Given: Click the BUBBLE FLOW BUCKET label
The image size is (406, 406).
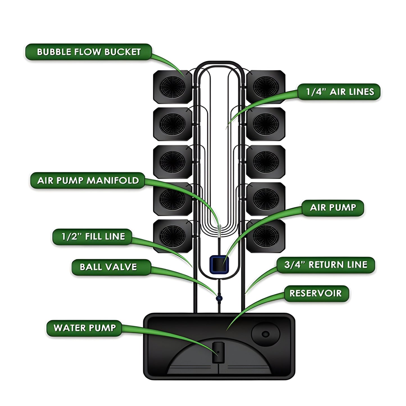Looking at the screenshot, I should pyautogui.click(x=89, y=52).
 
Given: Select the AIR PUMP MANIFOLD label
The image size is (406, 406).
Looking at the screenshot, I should pyautogui.click(x=88, y=180).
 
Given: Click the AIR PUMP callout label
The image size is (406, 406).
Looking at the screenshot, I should pyautogui.click(x=333, y=208).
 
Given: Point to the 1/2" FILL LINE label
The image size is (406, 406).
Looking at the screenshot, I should pyautogui.click(x=93, y=236).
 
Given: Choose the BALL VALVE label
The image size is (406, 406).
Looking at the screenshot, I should pyautogui.click(x=108, y=267).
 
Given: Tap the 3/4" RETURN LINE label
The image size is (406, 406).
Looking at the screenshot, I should pyautogui.click(x=326, y=265).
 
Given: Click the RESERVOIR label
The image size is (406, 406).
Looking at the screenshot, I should pyautogui.click(x=316, y=293).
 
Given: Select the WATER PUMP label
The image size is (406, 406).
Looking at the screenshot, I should pyautogui.click(x=85, y=328).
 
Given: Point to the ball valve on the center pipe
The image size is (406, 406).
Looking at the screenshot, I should pyautogui.click(x=219, y=297).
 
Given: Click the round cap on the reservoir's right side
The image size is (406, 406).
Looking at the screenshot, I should pyautogui.click(x=266, y=334).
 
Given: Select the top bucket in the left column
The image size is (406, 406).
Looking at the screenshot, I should pyautogui.click(x=173, y=87).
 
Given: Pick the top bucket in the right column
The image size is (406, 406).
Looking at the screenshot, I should pyautogui.click(x=266, y=87).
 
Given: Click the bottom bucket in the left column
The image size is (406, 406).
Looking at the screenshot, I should pyautogui.click(x=173, y=236).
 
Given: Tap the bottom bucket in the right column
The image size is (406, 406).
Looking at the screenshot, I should pyautogui.click(x=266, y=236).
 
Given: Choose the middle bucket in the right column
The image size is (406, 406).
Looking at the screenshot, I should pyautogui.click(x=266, y=162).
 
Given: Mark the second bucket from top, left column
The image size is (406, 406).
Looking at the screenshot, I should pyautogui.click(x=173, y=124).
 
